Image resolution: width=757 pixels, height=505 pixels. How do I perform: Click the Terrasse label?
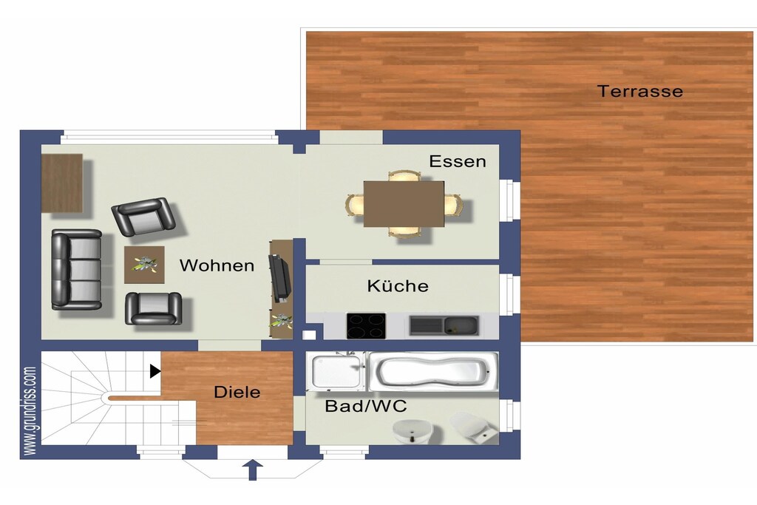[x=640, y=91]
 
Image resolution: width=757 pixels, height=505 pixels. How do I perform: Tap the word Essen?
[x=457, y=161]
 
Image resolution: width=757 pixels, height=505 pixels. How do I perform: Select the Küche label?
[x=398, y=285]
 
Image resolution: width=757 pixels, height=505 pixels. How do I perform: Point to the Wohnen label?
[x=217, y=265]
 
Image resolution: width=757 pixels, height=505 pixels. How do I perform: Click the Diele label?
[x=237, y=392]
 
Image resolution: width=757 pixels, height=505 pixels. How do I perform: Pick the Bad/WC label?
[x=366, y=406]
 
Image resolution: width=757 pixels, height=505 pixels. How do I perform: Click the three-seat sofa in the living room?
[x=77, y=269]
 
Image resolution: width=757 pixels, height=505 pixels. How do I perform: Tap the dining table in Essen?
[x=404, y=204]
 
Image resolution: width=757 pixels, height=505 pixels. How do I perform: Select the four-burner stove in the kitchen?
[x=366, y=326]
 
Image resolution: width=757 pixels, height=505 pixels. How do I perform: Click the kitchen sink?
[x=444, y=325]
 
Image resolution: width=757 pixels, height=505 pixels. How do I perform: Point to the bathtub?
[x=433, y=371]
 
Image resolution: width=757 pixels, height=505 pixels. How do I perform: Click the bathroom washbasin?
[x=413, y=430]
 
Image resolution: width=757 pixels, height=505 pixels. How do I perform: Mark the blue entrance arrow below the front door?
[x=253, y=470]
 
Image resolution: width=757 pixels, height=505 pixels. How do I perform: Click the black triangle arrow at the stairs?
[x=155, y=370]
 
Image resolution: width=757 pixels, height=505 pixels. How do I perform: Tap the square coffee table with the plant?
[x=144, y=265]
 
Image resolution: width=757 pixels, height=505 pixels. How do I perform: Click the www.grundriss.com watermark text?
[x=30, y=410]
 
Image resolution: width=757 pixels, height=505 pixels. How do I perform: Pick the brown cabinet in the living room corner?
[x=62, y=183]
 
